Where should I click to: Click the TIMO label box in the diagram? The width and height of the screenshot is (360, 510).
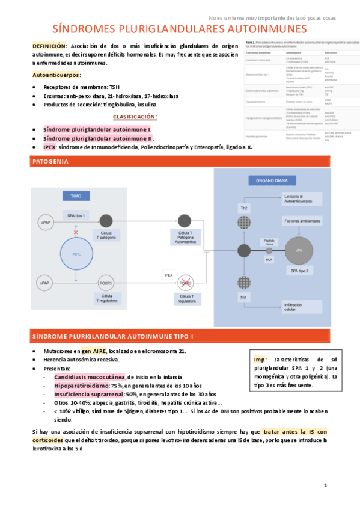point(75,196)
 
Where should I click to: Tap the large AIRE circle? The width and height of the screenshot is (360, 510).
point(76,254)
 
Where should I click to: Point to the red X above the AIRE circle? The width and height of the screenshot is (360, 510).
point(76,232)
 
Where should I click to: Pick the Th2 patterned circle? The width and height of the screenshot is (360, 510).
point(244,220)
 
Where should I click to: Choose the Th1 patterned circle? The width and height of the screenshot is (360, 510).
point(244,283)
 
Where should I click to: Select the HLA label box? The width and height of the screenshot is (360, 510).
point(269,259)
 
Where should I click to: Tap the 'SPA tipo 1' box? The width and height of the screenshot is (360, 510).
point(76,215)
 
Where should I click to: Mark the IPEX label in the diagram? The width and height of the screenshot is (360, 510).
point(168,275)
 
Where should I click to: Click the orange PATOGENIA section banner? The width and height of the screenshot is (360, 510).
point(180,161)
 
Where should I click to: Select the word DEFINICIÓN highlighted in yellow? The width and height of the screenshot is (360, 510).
point(50,46)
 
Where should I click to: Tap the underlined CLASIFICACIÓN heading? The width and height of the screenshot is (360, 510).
point(135,117)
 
